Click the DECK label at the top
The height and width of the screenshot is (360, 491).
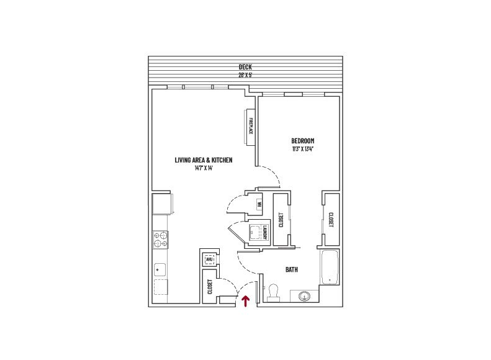pyautogui.click(x=245, y=67)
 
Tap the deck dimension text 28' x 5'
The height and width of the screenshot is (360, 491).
pyautogui.click(x=245, y=74)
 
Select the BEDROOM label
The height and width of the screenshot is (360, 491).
pyautogui.click(x=302, y=141)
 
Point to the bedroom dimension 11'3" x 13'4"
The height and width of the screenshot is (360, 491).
pyautogui.click(x=302, y=149)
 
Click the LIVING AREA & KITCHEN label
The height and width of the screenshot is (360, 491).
pyautogui.click(x=204, y=160)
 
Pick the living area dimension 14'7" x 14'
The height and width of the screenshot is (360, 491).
pyautogui.click(x=204, y=168)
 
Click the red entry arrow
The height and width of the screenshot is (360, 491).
pyautogui.click(x=246, y=301)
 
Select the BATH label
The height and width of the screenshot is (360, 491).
pyautogui.click(x=291, y=269)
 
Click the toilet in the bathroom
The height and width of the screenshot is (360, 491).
pyautogui.click(x=273, y=292)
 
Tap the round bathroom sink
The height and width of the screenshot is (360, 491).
pyautogui.click(x=305, y=295)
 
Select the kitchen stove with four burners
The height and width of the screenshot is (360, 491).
pyautogui.click(x=160, y=239)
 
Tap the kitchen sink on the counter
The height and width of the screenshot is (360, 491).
pyautogui.click(x=160, y=270)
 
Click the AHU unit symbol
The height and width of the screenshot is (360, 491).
pyautogui.click(x=209, y=259)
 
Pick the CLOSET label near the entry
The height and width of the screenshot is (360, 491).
pyautogui.click(x=210, y=287)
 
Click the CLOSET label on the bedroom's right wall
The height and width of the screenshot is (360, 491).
pyautogui.click(x=330, y=220)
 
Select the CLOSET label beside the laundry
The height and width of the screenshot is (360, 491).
pyautogui.click(x=281, y=220)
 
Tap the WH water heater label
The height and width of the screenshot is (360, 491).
pyautogui.click(x=258, y=203)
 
